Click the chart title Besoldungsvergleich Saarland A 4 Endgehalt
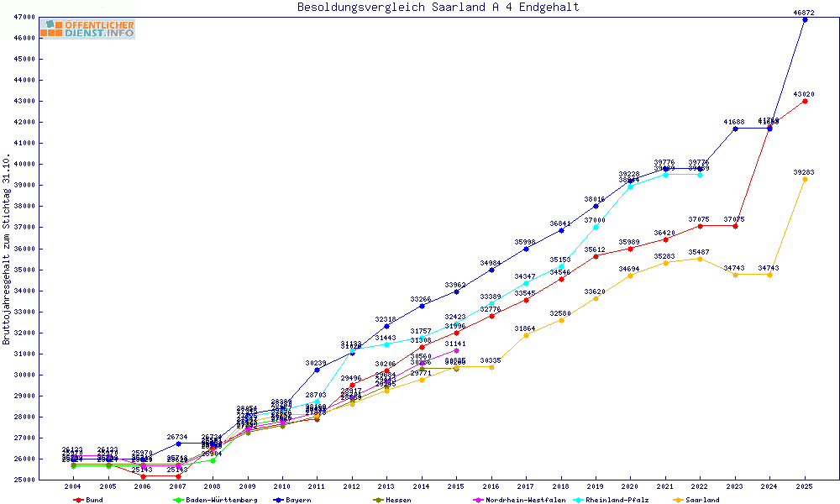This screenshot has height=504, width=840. pyautogui.click(x=438, y=8)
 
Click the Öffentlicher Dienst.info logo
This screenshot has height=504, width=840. pyautogui.click(x=87, y=29)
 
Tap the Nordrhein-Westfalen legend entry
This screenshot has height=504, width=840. pyautogui.click(x=517, y=500)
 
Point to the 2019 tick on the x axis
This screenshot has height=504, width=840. pyautogui.click(x=596, y=486)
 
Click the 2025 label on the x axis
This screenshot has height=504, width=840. pyautogui.click(x=805, y=486)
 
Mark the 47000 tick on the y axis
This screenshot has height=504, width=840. pyautogui.click(x=24, y=17)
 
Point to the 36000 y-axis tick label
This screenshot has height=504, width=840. pyautogui.click(x=24, y=249)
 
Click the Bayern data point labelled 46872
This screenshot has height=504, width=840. pyautogui.click(x=805, y=19)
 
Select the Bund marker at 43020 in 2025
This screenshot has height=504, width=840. pyautogui.click(x=805, y=101)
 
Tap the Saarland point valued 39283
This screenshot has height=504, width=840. pyautogui.click(x=805, y=179)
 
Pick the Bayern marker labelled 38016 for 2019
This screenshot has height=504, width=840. pyautogui.click(x=596, y=206)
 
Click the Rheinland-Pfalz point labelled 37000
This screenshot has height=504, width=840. pyautogui.click(x=596, y=227)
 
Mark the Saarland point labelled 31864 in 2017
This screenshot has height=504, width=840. pyautogui.click(x=526, y=335)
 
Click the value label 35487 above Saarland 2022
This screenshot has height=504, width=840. pyautogui.click(x=700, y=252)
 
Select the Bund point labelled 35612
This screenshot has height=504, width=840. pyautogui.click(x=596, y=256)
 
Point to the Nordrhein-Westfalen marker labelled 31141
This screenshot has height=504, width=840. pyautogui.click(x=456, y=350)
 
